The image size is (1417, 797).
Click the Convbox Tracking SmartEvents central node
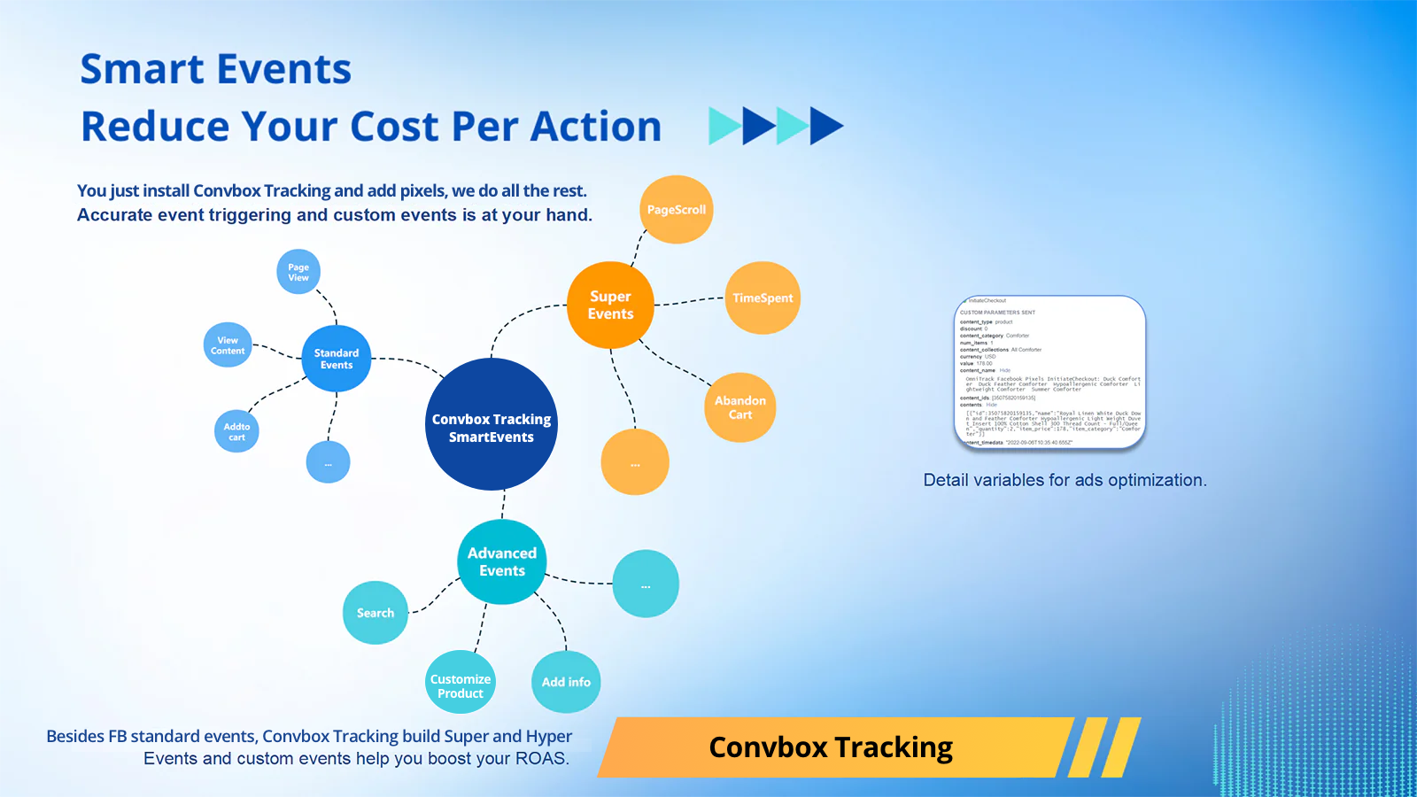click(x=492, y=424)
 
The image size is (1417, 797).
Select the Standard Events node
click(x=337, y=359)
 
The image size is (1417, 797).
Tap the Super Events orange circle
click(x=610, y=305)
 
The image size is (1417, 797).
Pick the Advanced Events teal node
click(x=502, y=562)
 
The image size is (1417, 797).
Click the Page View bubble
click(x=298, y=272)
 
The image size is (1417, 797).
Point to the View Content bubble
click(x=228, y=345)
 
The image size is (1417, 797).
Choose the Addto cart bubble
click(x=236, y=431)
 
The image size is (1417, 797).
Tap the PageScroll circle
click(x=676, y=210)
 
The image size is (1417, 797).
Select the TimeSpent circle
click(x=763, y=298)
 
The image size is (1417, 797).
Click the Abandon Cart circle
click(x=740, y=407)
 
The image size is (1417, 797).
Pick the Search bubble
click(x=376, y=613)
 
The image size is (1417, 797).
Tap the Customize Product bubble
click(x=461, y=683)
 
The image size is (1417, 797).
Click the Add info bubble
click(x=566, y=682)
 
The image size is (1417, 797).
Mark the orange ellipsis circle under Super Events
click(x=635, y=462)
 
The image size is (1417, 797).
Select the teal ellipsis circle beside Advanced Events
click(x=646, y=584)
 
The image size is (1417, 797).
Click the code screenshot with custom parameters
click(x=1050, y=372)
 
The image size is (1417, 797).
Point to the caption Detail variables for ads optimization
click(x=1065, y=480)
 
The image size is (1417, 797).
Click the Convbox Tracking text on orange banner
click(x=831, y=747)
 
